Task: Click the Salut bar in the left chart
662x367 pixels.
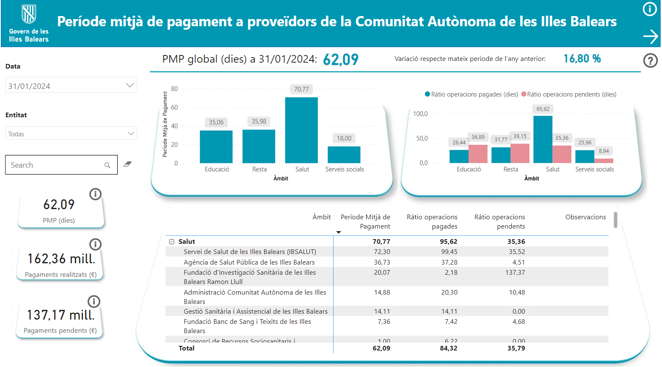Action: coord(301,130)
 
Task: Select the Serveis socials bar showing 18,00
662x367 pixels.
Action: coord(344,155)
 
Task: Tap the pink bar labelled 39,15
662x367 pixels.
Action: coord(520,153)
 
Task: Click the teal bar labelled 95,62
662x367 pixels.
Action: coord(543,139)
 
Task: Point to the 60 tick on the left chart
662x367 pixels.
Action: coord(174,108)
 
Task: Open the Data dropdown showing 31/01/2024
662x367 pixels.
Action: coord(71,86)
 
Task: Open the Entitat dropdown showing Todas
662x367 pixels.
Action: coord(71,134)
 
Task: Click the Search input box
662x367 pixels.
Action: coord(57,165)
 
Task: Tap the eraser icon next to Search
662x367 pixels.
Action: coord(127,164)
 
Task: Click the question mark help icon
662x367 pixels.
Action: coord(650,61)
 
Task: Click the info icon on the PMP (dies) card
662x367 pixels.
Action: coord(95,194)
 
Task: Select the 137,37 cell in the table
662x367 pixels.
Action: coord(515,273)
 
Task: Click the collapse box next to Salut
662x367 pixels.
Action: coord(172,242)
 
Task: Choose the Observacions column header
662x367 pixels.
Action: coord(585,217)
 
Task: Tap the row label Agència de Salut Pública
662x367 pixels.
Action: coord(249,262)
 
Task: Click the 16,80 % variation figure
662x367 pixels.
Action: coord(582,59)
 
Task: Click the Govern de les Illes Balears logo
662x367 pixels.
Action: coord(29,23)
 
